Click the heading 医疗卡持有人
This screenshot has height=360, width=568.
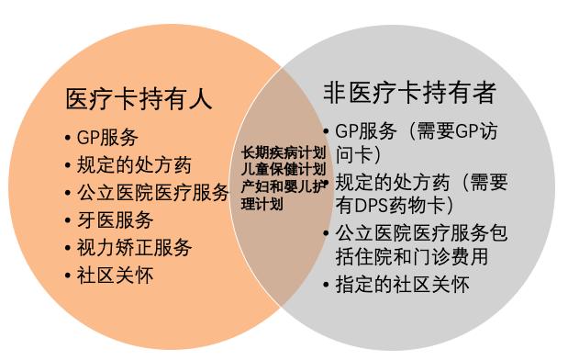[x=139, y=98]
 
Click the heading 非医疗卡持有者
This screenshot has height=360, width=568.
[x=409, y=92]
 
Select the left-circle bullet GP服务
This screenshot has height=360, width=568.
[x=107, y=138]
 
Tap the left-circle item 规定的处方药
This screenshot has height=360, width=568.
[x=133, y=165]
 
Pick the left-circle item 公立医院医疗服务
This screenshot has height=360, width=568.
[x=152, y=193]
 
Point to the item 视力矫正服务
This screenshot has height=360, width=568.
[x=133, y=248]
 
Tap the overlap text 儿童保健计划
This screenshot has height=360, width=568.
[x=282, y=169]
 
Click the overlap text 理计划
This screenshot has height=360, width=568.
[x=262, y=203]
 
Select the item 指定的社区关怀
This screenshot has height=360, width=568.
[x=402, y=285]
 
